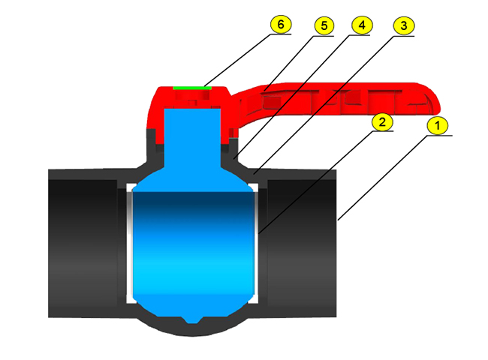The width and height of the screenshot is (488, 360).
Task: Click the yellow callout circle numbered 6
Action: point(281,24)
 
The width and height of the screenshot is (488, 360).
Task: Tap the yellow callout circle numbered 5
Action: point(324,25)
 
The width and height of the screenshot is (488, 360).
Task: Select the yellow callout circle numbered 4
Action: point(362,25)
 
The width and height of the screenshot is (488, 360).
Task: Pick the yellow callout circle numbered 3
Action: point(404,25)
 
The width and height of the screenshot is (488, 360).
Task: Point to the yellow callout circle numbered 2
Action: point(382,121)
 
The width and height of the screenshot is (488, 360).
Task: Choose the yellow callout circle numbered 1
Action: point(438,125)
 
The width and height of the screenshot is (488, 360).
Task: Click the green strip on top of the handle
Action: point(192,88)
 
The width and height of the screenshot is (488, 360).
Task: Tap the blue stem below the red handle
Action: point(192,136)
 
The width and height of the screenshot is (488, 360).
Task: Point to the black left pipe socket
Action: point(83,243)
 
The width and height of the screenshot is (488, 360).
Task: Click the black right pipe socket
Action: point(302,243)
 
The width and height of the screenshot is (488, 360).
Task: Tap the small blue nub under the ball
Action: point(193,320)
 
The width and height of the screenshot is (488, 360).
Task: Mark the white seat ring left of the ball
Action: point(129,243)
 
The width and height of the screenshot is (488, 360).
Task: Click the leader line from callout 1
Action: point(384,178)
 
